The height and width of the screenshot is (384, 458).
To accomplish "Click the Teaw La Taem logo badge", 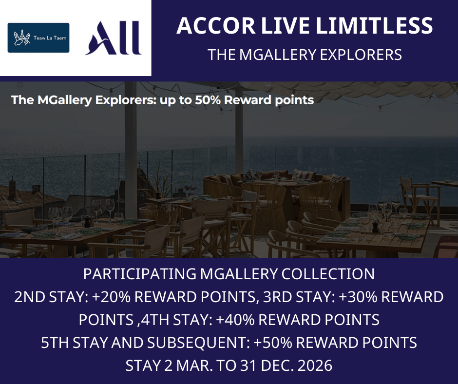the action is [38, 38].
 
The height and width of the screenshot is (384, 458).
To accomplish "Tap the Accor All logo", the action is [114, 38].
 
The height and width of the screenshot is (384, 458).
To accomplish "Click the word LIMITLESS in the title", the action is [374, 26].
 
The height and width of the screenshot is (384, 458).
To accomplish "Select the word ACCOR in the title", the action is [216, 26].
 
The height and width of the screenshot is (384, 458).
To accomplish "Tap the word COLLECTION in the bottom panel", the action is [328, 274].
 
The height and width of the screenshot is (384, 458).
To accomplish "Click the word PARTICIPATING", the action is [140, 274].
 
